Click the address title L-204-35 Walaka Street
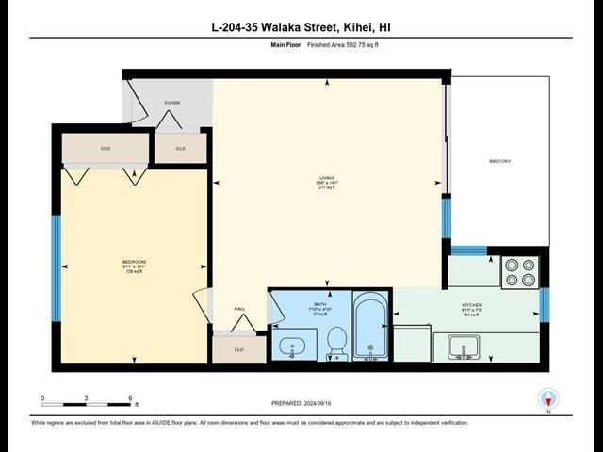[301, 26]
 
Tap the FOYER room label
[171, 103]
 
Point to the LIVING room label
[326, 181]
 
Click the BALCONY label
[499, 161]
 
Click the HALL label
[240, 309]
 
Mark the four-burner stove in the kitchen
[519, 271]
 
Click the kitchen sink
[463, 348]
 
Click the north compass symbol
[547, 398]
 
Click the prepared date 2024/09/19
[301, 404]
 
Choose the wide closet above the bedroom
[106, 148]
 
